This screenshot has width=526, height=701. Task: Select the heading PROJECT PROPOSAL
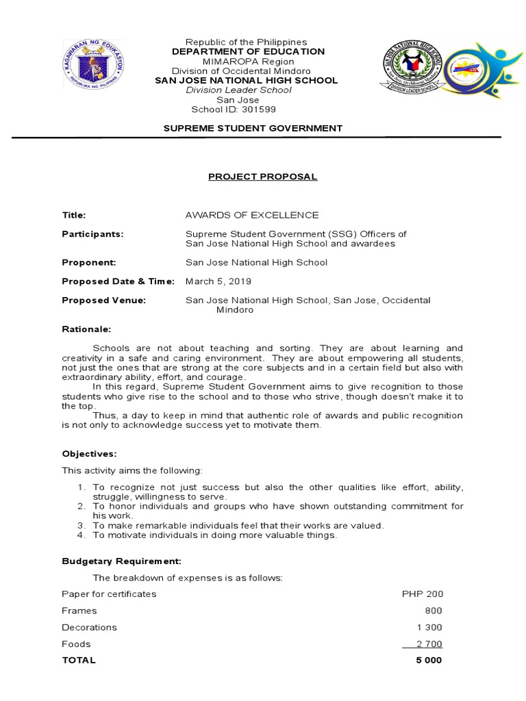coord(263,177)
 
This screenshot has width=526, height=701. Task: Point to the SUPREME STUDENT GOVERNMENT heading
coord(253,128)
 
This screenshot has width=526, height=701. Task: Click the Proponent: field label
coord(89,262)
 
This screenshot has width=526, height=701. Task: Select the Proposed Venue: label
coord(104,300)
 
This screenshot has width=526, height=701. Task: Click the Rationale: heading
coord(86,329)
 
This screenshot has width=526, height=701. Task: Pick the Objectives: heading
coord(89,454)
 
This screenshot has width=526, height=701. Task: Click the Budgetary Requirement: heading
coord(122,561)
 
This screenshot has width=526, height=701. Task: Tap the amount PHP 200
coord(423,594)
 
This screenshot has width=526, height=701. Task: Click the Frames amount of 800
coord(434,611)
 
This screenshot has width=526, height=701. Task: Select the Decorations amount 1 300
coord(429,627)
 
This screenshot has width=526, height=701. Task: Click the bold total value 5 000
coord(428,661)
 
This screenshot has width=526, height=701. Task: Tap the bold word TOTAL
coord(79,661)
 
